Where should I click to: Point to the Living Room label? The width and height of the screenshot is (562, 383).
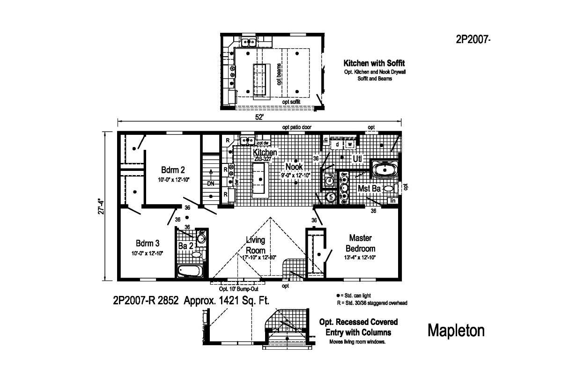point(255,245)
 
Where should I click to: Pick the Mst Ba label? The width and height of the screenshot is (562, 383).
point(370,189)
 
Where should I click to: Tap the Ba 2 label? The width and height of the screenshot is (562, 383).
point(186,245)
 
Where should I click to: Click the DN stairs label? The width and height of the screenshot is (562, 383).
point(211,184)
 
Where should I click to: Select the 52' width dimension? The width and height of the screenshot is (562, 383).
point(259,118)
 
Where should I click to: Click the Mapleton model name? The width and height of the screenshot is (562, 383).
point(456,331)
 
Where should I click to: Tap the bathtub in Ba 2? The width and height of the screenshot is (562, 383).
point(189,271)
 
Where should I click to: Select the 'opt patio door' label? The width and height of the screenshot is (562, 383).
point(296,127)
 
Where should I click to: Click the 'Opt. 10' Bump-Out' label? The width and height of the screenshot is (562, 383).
point(237,289)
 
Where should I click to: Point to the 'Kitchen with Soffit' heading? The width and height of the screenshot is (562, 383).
point(374,63)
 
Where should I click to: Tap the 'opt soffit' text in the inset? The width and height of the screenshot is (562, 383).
point(291,101)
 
